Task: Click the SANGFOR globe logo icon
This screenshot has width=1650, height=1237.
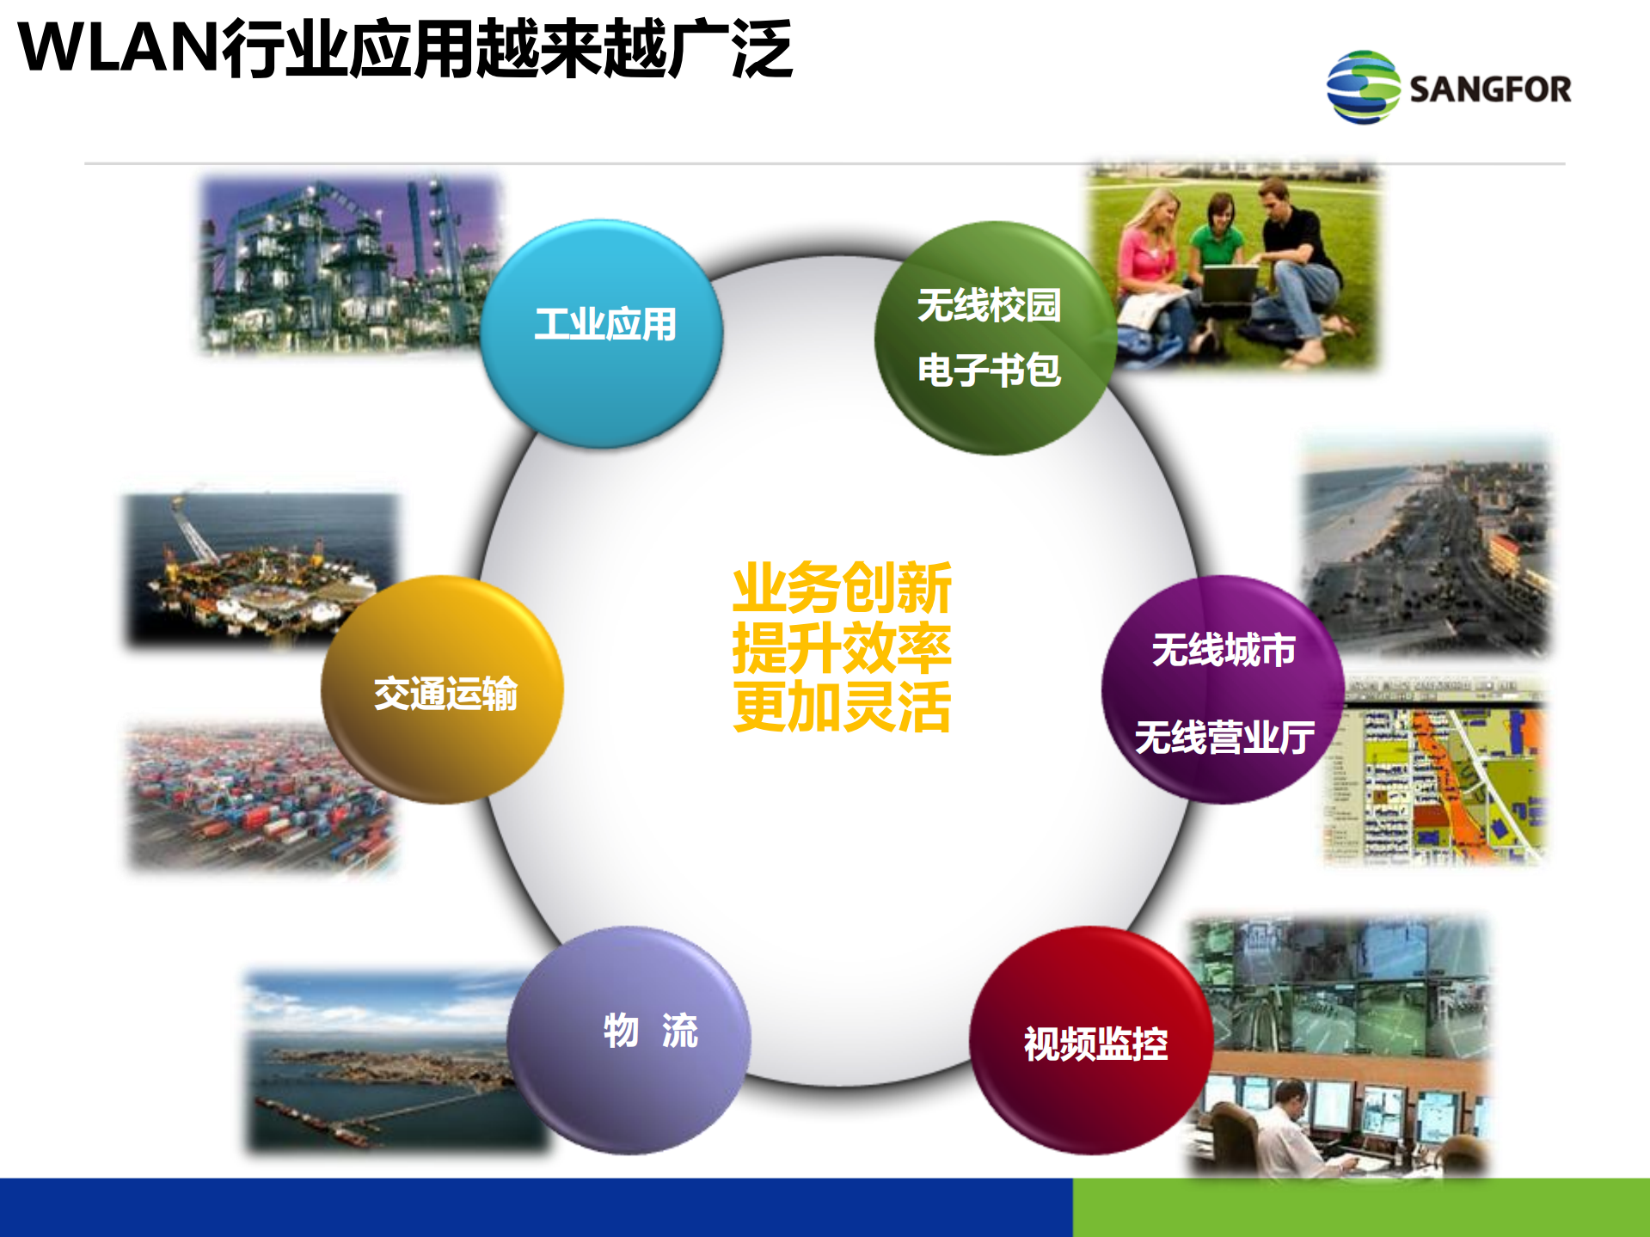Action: click(1363, 87)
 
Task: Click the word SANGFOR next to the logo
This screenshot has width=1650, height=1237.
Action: click(1490, 89)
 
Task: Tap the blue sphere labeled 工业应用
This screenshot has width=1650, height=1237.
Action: click(602, 334)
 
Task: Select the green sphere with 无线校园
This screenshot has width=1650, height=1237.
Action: click(989, 305)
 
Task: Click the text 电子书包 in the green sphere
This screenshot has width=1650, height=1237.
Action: click(989, 370)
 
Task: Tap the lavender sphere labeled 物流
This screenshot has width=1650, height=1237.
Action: click(629, 1040)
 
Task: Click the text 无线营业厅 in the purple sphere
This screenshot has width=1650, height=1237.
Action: click(1224, 738)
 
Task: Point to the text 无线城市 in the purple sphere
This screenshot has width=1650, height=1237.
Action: click(1224, 650)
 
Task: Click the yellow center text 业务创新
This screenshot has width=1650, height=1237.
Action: click(842, 588)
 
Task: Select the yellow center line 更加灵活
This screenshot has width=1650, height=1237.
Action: click(842, 707)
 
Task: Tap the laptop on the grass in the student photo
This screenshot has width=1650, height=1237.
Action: click(1230, 284)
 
